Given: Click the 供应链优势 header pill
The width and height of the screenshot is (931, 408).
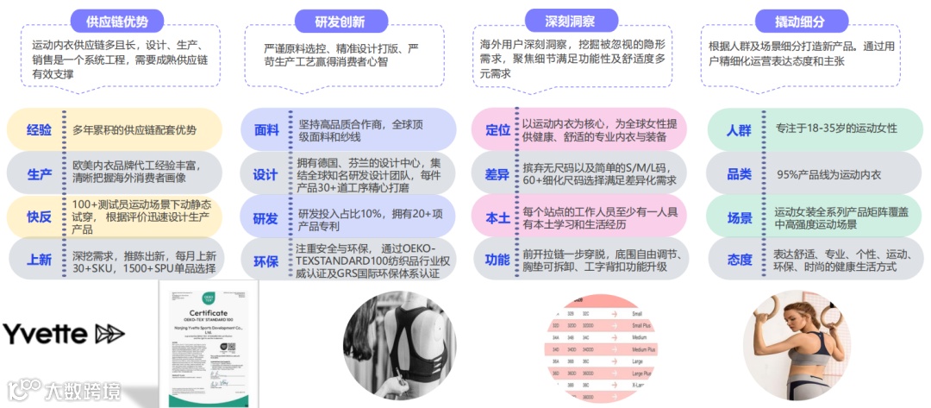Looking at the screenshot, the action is click(x=109, y=22).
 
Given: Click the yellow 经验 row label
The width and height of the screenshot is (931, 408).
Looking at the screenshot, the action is click(x=39, y=130).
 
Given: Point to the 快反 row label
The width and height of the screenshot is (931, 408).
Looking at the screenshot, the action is click(x=39, y=215).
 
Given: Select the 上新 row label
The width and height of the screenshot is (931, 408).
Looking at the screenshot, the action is click(x=39, y=258).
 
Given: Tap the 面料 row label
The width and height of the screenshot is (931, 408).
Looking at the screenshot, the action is click(x=266, y=130).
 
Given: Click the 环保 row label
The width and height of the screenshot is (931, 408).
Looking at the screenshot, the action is click(x=266, y=260).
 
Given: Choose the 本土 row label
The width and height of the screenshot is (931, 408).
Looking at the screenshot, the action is click(x=497, y=217).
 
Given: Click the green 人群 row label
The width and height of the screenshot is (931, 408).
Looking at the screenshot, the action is click(x=739, y=130).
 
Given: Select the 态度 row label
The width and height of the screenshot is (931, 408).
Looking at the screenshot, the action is click(x=739, y=260).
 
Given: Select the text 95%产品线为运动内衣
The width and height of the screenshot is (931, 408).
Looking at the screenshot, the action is click(x=828, y=174).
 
